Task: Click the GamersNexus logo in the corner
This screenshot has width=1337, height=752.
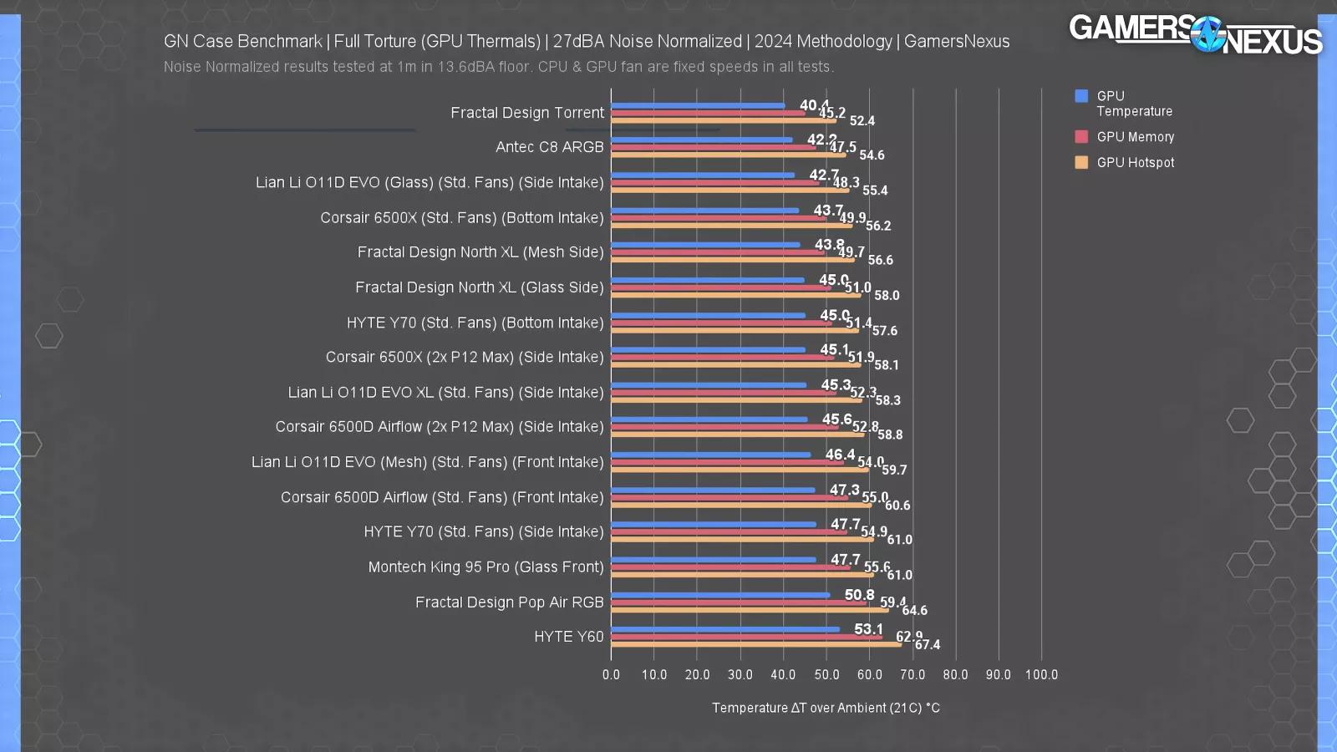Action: tap(1195, 35)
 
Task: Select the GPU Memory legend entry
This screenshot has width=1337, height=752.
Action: tap(1135, 137)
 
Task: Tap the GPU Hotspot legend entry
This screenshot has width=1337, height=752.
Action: tap(1135, 163)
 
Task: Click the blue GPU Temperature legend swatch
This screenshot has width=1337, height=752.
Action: tap(1081, 96)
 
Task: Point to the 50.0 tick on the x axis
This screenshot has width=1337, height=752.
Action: tap(826, 675)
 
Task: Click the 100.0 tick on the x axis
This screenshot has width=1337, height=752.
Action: tap(1041, 675)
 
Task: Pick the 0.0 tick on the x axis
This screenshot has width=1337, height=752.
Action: tap(611, 675)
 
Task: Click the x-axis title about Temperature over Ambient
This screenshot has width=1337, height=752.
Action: tap(826, 708)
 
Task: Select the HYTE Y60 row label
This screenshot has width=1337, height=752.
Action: tap(568, 637)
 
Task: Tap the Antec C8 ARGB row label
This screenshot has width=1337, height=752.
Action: tap(549, 147)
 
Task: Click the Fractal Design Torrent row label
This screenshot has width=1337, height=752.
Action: tap(526, 113)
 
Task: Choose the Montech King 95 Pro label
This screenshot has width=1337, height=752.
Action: tap(485, 567)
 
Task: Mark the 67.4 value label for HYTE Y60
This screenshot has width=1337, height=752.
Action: tap(928, 645)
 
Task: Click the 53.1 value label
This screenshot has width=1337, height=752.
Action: tap(868, 629)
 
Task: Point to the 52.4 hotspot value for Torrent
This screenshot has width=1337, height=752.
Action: tap(862, 121)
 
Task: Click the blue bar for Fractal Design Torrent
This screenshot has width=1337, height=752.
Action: tap(698, 106)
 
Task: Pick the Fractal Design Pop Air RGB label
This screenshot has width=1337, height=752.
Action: tap(509, 602)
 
